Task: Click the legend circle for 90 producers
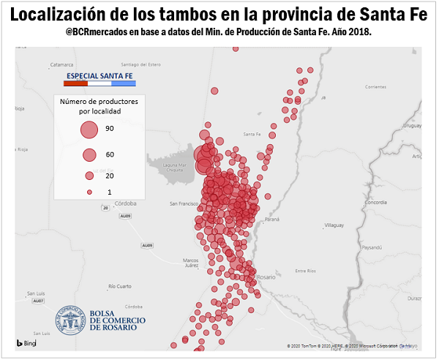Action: click(x=89, y=130)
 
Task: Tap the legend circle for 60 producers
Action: click(x=89, y=155)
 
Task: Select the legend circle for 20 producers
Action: click(x=89, y=176)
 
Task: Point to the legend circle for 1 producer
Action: click(x=89, y=192)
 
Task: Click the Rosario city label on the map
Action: click(x=266, y=277)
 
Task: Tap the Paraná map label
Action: click(x=271, y=219)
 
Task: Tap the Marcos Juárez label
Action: click(x=191, y=263)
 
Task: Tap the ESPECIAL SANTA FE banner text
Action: click(x=100, y=76)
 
